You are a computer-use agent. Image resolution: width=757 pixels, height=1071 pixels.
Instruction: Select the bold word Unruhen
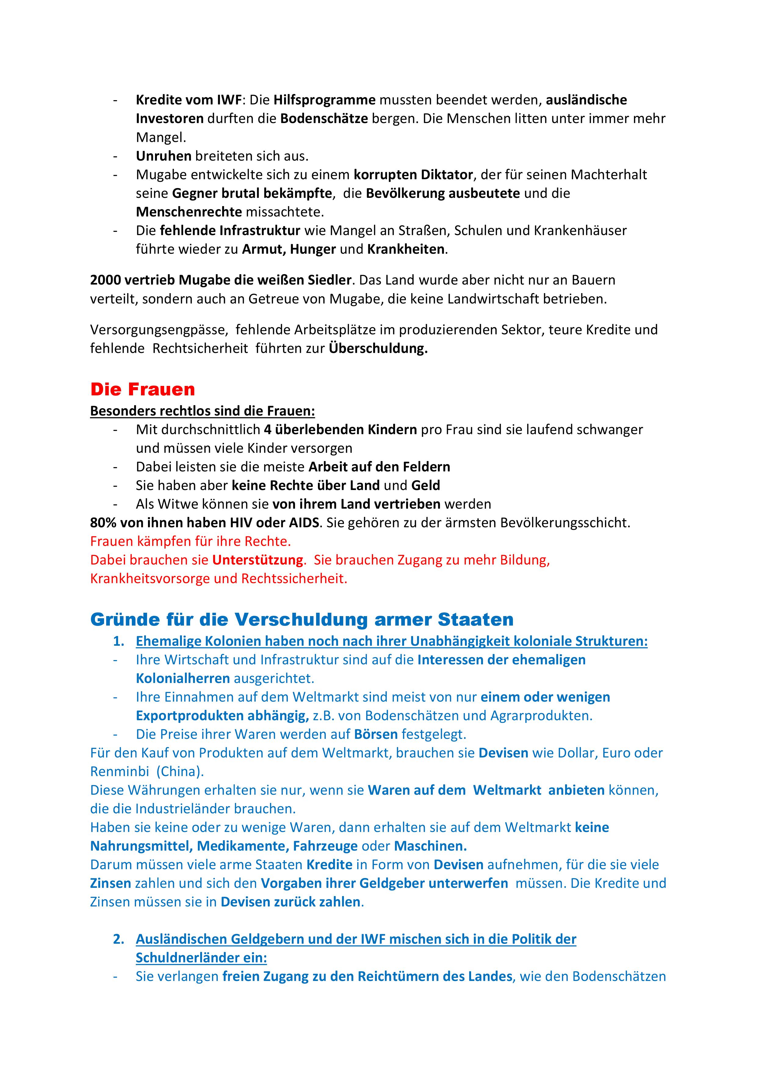[164, 156]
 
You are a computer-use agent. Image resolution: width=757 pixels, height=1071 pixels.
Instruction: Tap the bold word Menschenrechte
[189, 212]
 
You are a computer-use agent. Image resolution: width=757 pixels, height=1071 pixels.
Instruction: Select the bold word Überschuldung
[378, 348]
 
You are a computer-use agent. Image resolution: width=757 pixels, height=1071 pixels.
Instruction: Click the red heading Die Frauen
[142, 389]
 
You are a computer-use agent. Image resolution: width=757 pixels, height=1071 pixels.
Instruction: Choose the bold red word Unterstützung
[258, 560]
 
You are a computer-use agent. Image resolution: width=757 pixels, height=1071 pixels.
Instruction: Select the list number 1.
[118, 641]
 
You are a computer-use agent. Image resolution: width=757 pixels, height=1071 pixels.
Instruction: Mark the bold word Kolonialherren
[183, 678]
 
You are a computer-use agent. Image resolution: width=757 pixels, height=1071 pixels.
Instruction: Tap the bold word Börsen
[376, 734]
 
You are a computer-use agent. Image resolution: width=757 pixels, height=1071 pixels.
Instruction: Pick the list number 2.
[118, 939]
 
